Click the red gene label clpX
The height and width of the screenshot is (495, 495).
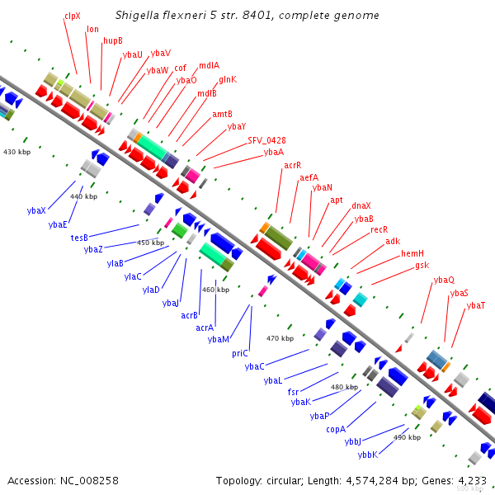pos(73,16)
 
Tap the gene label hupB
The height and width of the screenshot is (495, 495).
pos(113,40)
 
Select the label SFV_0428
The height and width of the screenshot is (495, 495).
pos(266,140)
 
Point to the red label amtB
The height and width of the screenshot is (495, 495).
pos(222,114)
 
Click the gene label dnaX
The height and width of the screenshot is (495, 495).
pos(361,205)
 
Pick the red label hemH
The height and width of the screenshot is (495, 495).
pos(412,253)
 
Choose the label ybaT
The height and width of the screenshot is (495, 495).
pos(476,305)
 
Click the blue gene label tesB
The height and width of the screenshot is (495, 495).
pos(79,238)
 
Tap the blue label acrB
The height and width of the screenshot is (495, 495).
pos(189,315)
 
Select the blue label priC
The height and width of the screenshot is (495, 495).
pos(240,354)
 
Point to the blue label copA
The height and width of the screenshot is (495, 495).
pos(336,430)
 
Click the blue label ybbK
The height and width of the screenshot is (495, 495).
pos(368,455)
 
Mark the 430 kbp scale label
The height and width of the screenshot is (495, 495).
pos(17,152)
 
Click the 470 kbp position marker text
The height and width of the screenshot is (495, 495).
pos(280,338)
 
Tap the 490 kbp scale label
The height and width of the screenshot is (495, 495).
pos(407,437)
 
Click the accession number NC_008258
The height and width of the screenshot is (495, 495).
pos(89,481)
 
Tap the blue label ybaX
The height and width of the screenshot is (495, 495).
pos(36,210)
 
